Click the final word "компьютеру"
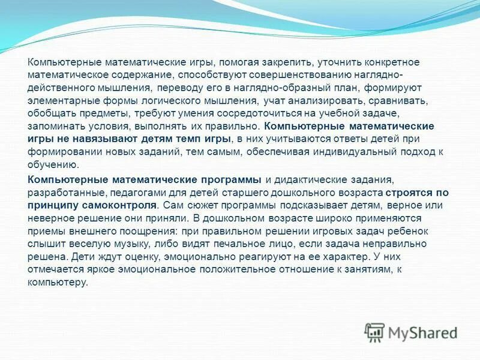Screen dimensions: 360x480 click(58, 282)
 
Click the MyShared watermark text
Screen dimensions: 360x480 click(422, 332)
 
